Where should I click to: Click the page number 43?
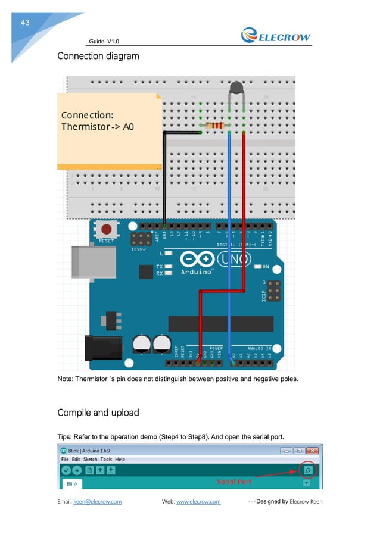pos(25,23)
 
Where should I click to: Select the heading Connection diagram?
pos(98,57)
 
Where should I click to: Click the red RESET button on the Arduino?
pos(107,229)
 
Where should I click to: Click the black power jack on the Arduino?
pos(102,348)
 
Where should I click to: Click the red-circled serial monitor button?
pos(308,470)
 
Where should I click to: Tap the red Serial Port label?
pos(233,482)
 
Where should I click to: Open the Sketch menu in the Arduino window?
pos(90,460)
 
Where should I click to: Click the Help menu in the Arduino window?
pos(120,460)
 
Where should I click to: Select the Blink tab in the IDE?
pos(72,484)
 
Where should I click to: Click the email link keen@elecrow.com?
pos(97,502)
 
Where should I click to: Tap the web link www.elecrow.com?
pos(198,502)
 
